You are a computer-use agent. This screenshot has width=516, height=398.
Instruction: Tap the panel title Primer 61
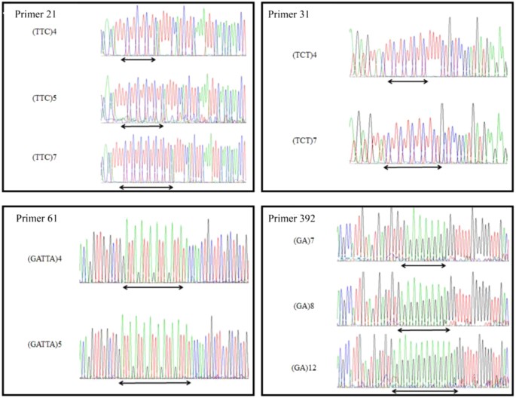tap(40, 219)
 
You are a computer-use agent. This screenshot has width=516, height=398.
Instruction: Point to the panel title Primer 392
tap(297, 219)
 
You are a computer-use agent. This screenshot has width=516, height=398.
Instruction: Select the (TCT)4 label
tap(305, 55)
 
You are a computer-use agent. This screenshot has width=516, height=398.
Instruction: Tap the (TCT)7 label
tap(305, 141)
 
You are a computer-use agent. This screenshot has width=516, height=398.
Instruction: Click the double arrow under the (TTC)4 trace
tap(139, 60)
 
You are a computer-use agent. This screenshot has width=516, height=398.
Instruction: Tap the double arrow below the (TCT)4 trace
tap(408, 81)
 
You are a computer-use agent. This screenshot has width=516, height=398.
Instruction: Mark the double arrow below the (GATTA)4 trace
tap(153, 287)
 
